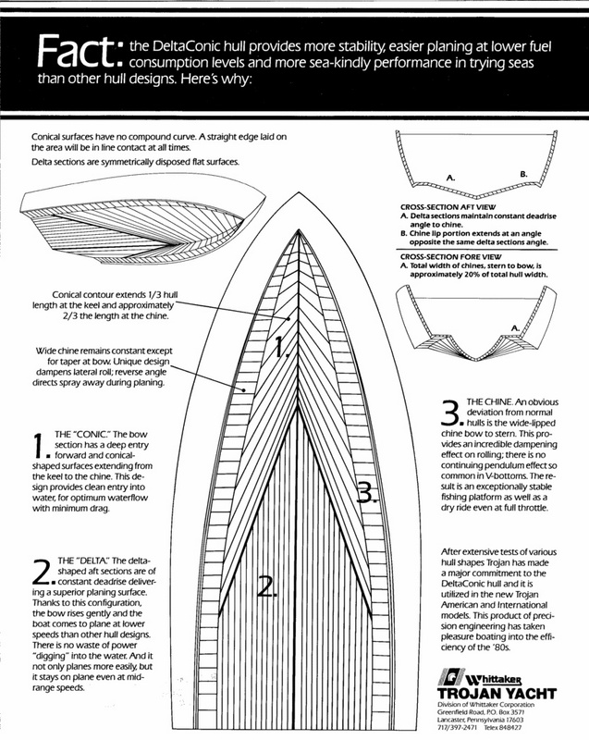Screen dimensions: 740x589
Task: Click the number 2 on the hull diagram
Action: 265,585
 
